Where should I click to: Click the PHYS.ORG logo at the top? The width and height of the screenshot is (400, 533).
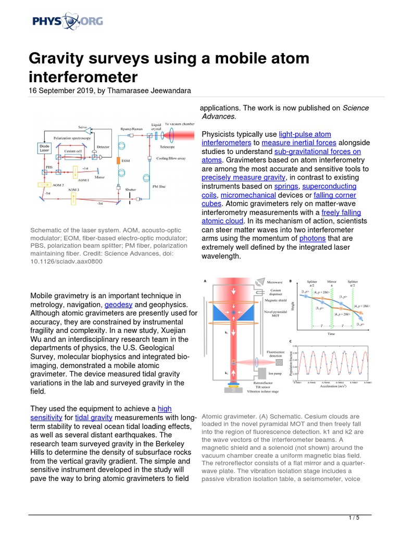[67, 21]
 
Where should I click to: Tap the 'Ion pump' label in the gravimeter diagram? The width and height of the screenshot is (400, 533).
[274, 373]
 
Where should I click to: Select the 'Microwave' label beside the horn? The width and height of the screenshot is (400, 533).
[274, 282]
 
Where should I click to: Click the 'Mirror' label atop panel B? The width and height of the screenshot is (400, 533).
[332, 280]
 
